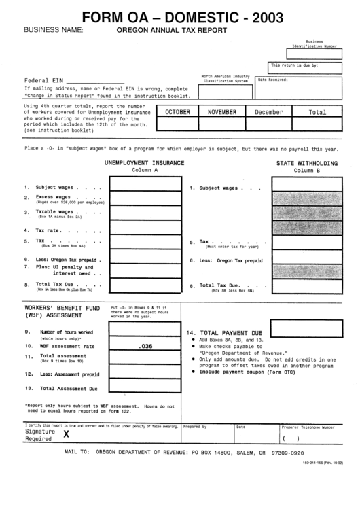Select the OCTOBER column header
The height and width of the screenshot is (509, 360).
point(178,111)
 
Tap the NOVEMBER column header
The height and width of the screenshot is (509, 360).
point(223,111)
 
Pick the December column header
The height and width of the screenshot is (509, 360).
point(268,111)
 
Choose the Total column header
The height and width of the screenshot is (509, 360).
point(317,111)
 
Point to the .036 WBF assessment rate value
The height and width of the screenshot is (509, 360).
point(145,346)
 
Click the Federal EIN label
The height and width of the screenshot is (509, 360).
point(41,80)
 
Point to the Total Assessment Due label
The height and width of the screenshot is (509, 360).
point(69,389)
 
